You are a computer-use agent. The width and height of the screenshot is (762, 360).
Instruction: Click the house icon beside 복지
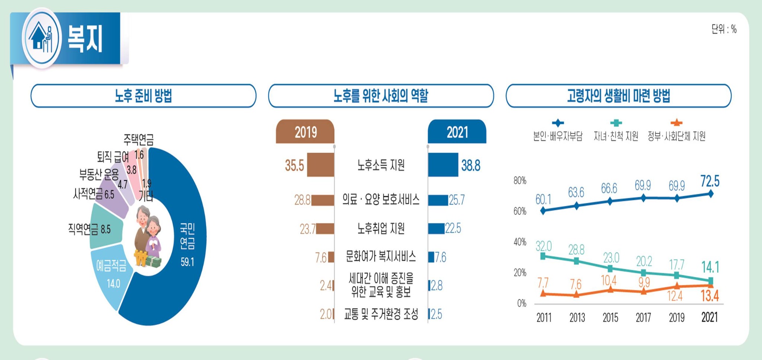pyautogui.click(x=41, y=38)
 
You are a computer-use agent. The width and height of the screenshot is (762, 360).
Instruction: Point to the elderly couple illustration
pyautogui.click(x=148, y=236)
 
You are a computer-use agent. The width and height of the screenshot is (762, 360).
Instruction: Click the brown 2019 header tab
pyautogui.click(x=305, y=132)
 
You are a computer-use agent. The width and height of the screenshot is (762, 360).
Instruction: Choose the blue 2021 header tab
pyautogui.click(x=457, y=132)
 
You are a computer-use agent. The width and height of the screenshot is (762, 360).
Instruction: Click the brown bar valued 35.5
pyautogui.click(x=320, y=165)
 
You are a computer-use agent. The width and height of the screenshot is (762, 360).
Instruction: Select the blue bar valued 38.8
pyautogui.click(x=443, y=165)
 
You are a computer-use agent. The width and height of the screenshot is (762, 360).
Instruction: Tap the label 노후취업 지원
pyautogui.click(x=381, y=228)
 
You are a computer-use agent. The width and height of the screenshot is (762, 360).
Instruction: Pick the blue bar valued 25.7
pyautogui.click(x=438, y=200)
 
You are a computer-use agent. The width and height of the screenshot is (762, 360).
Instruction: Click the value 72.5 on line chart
pyautogui.click(x=710, y=181)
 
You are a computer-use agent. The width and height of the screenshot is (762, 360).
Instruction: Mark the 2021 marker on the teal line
pyautogui.click(x=710, y=280)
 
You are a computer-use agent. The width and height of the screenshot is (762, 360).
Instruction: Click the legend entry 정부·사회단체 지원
pyautogui.click(x=676, y=136)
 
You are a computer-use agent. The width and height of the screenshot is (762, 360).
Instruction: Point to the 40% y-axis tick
pyautogui.click(x=520, y=242)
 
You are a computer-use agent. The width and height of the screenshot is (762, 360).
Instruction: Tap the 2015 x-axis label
pyautogui.click(x=610, y=318)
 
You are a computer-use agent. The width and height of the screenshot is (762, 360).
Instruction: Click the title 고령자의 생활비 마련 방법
pyautogui.click(x=618, y=96)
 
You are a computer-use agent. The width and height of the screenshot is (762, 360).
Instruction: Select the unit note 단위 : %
pyautogui.click(x=724, y=29)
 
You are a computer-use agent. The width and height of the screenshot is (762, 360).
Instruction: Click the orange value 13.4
pyautogui.click(x=710, y=296)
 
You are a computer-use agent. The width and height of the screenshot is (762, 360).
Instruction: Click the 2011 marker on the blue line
pyautogui.click(x=543, y=211)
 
